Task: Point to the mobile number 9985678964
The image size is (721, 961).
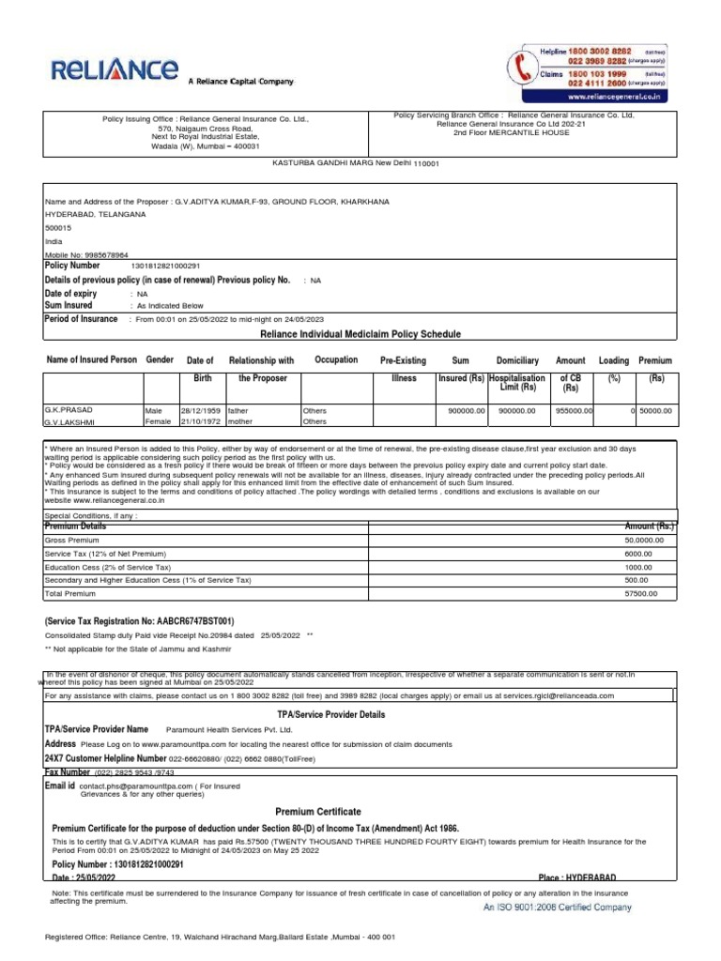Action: click(x=103, y=254)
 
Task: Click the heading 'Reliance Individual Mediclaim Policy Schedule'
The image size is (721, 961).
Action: click(x=353, y=334)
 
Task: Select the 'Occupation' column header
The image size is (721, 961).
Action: click(x=336, y=360)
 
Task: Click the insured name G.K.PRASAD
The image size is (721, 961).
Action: click(x=70, y=410)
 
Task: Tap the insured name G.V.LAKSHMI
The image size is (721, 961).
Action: click(x=71, y=422)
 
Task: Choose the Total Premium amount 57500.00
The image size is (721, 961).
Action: click(x=640, y=594)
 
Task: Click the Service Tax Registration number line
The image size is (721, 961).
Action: click(x=139, y=621)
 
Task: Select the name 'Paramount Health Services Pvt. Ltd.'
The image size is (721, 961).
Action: click(x=229, y=729)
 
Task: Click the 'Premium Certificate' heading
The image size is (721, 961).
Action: click(x=317, y=811)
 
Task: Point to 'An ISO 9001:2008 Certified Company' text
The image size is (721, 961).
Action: click(x=557, y=908)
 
